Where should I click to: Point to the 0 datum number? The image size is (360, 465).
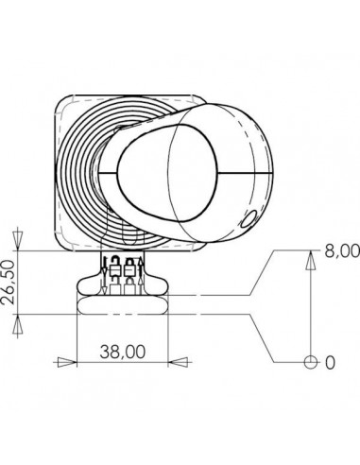330,362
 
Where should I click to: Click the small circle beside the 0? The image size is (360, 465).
309,362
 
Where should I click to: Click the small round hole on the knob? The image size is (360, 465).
248,219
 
